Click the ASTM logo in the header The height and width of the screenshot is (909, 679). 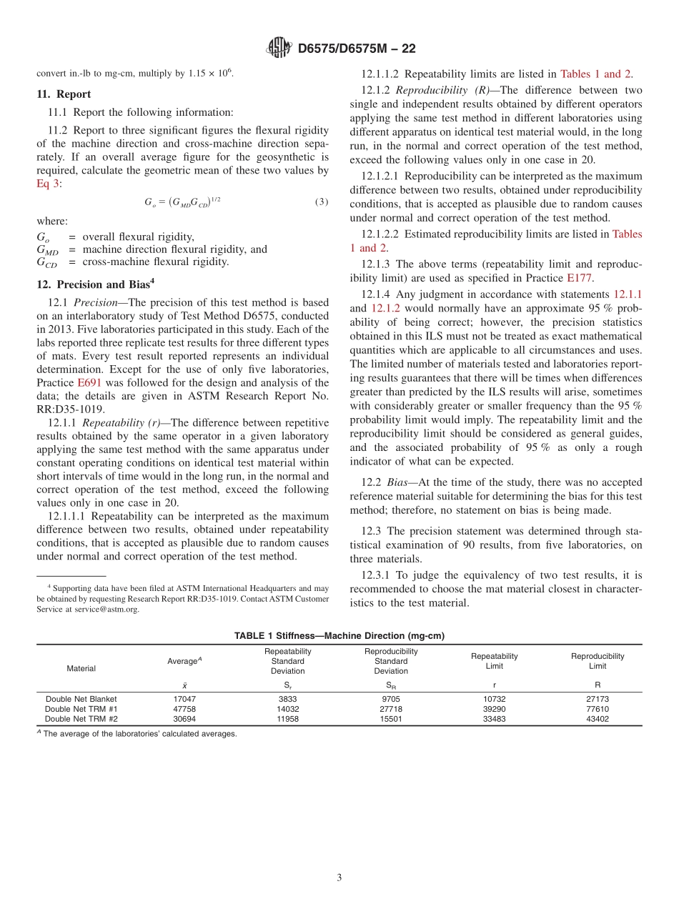(x=279, y=49)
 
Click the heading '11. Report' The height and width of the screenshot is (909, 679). (x=64, y=94)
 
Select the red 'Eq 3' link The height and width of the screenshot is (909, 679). (x=49, y=183)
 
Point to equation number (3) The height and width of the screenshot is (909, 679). (x=322, y=202)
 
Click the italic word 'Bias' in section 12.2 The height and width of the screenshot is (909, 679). (x=397, y=482)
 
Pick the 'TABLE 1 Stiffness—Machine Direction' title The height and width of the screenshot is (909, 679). (x=339, y=635)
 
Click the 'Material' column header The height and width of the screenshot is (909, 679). (x=81, y=668)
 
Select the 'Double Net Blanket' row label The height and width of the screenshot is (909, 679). (x=81, y=699)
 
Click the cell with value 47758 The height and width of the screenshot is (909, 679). (x=184, y=709)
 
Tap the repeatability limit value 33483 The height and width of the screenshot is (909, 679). (x=495, y=719)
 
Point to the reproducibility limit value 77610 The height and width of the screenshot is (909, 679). (x=598, y=709)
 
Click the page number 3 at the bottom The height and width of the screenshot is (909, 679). (x=339, y=878)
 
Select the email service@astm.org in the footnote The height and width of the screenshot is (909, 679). (x=106, y=610)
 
